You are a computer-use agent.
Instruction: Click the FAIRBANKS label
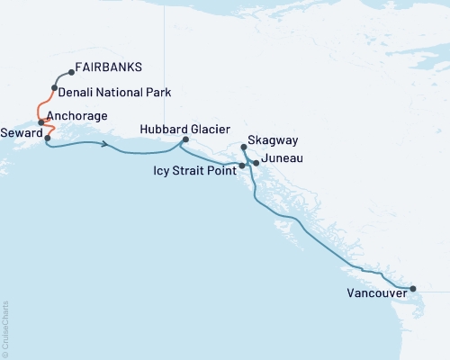coord(109,67)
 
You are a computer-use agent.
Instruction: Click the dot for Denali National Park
coord(55,87)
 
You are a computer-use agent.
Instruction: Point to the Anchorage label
coord(77,116)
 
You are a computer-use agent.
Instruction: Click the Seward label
coord(20,130)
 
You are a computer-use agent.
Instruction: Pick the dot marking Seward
coord(48,139)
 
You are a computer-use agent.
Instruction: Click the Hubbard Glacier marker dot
coord(185,139)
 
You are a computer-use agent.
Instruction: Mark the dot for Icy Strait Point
coord(241,166)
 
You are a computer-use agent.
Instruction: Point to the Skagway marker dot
coord(245,147)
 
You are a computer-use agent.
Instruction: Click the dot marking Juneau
coord(256,163)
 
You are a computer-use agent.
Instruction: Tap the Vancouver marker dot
coord(413,289)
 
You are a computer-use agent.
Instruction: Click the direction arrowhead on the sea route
coord(107,144)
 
